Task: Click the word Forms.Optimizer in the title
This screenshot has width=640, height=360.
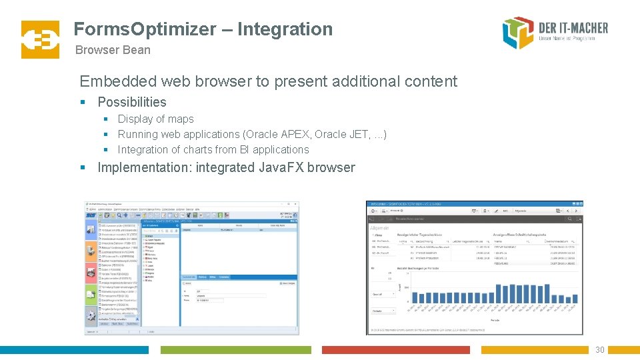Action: point(145,29)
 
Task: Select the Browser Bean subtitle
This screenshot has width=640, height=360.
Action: point(113,50)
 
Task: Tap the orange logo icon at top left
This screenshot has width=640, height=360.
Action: point(40,39)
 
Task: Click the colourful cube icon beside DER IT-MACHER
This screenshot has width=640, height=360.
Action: point(518,33)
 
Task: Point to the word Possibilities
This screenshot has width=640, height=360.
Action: point(132,102)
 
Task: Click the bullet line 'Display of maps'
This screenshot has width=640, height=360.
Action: point(155,119)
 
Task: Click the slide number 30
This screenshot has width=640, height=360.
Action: point(599,350)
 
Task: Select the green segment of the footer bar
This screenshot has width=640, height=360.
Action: point(235,350)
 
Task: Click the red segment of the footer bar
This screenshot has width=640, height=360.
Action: point(395,350)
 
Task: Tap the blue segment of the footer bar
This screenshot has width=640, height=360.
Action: point(74,350)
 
